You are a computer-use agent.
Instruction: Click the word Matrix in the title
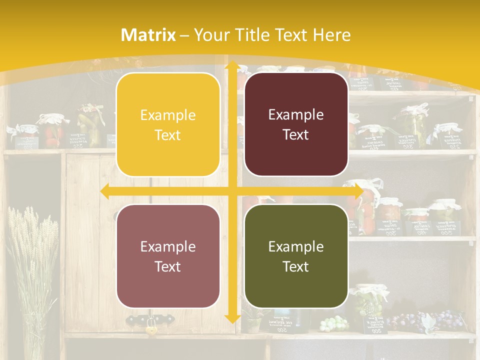tap(148, 35)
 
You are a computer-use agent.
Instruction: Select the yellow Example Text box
tap(168, 125)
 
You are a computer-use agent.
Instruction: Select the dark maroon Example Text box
tap(296, 124)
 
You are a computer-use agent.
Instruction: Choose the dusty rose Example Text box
tap(168, 256)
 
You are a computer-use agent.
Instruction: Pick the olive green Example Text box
tap(296, 256)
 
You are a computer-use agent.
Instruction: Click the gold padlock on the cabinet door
tap(150, 328)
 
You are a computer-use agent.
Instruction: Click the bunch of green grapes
tap(333, 323)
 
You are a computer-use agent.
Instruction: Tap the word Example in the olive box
tap(296, 246)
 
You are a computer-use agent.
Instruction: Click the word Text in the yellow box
tap(168, 135)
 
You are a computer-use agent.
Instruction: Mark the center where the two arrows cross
tap(232, 191)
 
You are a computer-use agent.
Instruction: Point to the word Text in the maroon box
tap(296, 135)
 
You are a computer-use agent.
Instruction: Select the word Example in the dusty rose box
tap(168, 246)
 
